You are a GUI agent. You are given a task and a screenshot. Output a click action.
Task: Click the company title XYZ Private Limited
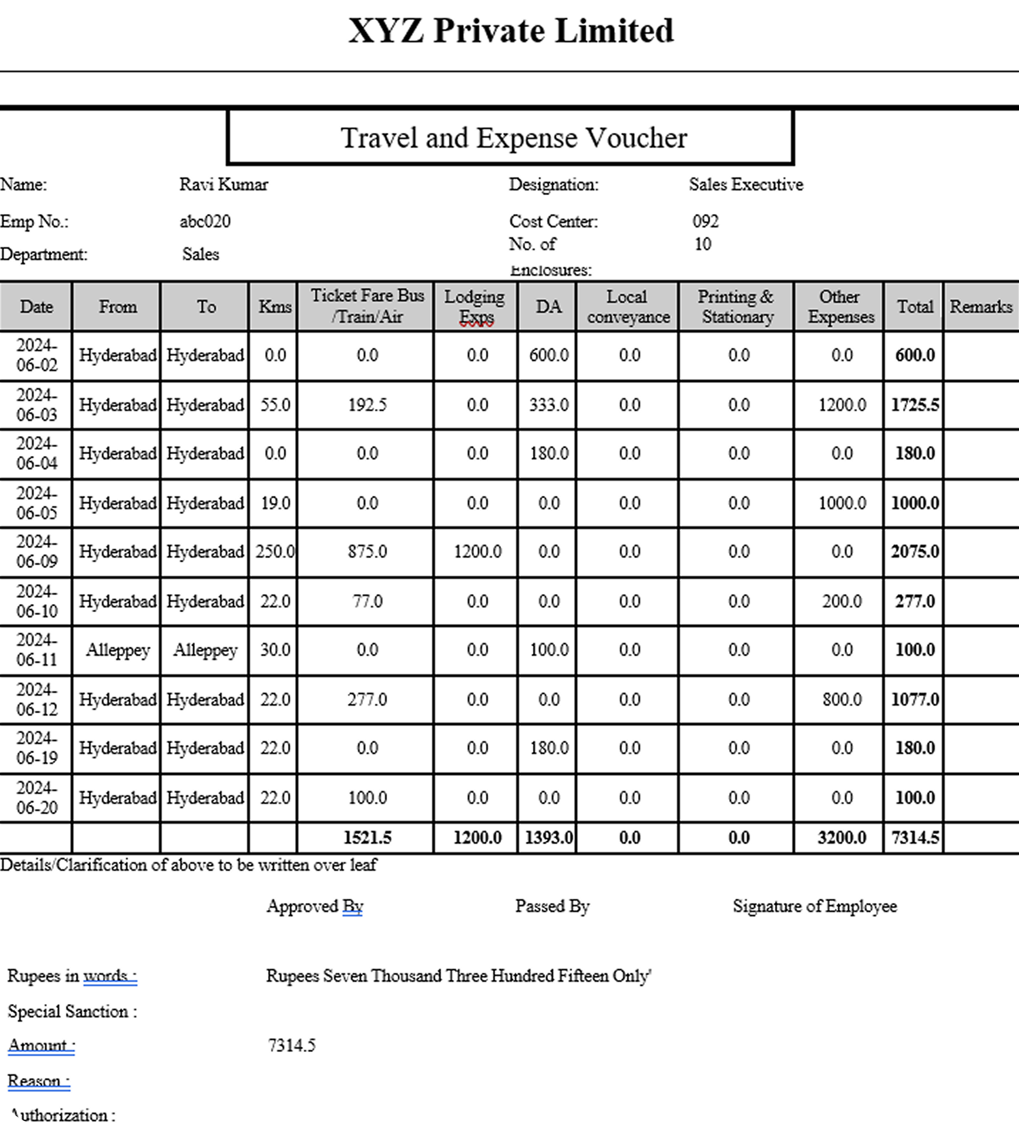click(x=511, y=30)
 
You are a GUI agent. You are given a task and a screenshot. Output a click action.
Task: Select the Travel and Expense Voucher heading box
click(x=511, y=137)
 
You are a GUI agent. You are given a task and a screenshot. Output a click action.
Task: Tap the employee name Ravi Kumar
click(x=224, y=184)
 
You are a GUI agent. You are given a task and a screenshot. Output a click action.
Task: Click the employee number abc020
click(x=205, y=222)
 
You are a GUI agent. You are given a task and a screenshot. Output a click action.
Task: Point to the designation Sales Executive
click(x=746, y=184)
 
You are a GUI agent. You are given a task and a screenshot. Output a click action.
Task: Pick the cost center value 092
click(x=705, y=222)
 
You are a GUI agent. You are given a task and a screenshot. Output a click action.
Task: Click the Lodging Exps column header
click(x=476, y=307)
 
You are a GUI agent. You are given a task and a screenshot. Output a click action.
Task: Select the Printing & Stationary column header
click(x=737, y=307)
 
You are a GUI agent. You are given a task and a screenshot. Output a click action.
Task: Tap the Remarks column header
click(x=980, y=307)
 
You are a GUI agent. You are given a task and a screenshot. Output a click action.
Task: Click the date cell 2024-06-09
click(x=37, y=551)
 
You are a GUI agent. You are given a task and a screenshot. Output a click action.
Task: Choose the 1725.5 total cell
click(x=915, y=405)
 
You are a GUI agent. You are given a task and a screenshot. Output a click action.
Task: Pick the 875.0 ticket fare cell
click(x=367, y=551)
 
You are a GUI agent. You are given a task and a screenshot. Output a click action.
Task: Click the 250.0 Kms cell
click(x=275, y=551)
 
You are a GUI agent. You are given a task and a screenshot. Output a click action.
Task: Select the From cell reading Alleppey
click(x=117, y=650)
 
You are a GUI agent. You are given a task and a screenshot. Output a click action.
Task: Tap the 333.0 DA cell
click(x=549, y=405)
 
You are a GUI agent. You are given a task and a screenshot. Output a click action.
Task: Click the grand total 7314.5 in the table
click(x=915, y=838)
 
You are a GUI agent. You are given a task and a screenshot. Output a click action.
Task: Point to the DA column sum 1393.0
click(x=549, y=838)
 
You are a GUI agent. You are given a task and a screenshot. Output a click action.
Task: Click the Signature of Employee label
click(x=815, y=906)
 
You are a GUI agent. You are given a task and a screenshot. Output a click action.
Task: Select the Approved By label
click(x=315, y=906)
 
